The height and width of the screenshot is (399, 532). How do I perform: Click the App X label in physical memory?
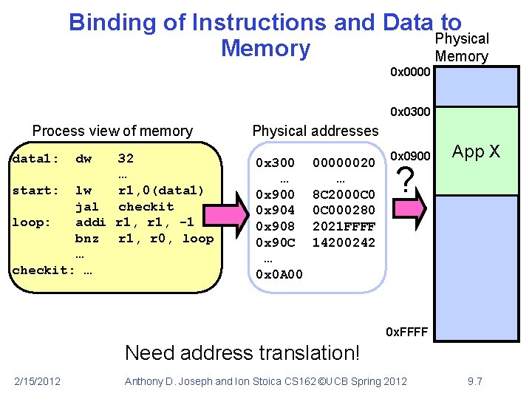click(476, 151)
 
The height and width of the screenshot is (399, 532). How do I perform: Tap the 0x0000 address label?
click(410, 72)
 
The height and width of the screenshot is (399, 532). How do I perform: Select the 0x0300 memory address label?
click(410, 112)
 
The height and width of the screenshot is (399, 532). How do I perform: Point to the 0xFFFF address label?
click(407, 332)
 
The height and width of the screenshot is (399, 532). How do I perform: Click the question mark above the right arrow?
click(406, 180)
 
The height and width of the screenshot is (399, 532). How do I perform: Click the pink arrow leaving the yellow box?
click(226, 214)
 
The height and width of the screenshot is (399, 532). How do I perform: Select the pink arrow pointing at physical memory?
click(409, 208)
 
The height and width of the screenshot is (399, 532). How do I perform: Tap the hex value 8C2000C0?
click(344, 194)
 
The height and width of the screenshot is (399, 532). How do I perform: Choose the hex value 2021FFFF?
click(344, 226)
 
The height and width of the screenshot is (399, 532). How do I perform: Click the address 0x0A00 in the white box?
click(279, 274)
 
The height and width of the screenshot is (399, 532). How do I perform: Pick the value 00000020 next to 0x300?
click(344, 163)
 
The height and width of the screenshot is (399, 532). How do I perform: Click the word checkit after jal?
click(146, 206)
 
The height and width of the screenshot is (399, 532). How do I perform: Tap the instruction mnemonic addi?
click(91, 222)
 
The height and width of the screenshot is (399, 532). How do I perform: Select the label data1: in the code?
click(35, 158)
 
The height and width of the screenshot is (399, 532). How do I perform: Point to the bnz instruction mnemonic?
click(87, 239)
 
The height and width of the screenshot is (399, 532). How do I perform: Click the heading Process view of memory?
click(112, 131)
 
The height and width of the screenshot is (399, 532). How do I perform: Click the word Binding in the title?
click(112, 23)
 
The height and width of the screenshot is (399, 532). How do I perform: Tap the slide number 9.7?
click(475, 381)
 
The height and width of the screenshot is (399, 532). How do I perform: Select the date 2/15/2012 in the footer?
click(38, 381)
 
